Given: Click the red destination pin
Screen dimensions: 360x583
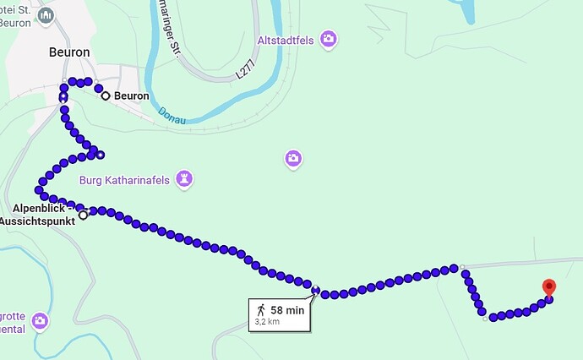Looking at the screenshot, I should click(x=548, y=287).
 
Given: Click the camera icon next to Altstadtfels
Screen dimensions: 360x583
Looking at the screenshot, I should click(x=328, y=39).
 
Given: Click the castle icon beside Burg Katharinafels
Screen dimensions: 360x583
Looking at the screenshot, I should click(x=185, y=179).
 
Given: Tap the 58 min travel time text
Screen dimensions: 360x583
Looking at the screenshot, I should click(x=287, y=310).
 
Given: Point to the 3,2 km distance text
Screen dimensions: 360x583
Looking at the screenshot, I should click(x=267, y=322).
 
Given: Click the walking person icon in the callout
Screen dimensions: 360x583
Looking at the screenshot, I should click(x=262, y=310).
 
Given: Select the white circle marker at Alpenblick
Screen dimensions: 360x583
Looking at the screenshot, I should click(x=83, y=215).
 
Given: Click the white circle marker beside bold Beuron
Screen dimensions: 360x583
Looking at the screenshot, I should click(x=106, y=96).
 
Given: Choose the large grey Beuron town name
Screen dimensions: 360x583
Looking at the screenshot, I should click(x=69, y=52).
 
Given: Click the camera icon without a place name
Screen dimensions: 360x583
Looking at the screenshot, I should click(x=292, y=158).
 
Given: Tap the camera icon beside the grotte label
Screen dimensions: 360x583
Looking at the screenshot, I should click(x=40, y=321).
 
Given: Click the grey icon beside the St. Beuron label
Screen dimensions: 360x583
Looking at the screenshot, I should click(x=46, y=15).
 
